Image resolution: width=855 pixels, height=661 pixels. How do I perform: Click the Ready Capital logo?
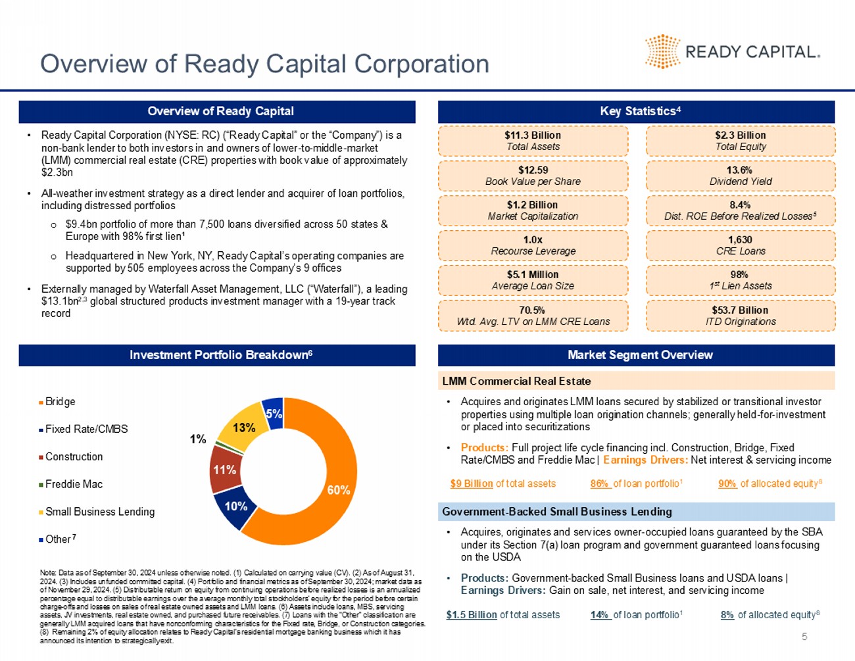coord(732,51)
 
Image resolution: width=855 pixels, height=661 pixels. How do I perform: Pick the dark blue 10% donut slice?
coord(235,507)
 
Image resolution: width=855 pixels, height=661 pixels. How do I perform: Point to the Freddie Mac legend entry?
coord(74,484)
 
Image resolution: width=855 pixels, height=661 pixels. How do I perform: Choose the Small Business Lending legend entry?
coord(99,512)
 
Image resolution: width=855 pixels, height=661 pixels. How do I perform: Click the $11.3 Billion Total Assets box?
coord(533,141)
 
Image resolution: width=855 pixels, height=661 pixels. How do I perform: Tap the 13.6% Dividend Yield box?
coord(740,176)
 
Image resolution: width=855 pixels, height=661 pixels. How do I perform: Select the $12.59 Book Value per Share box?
coord(533,176)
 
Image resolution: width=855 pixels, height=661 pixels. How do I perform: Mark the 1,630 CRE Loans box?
coord(740,245)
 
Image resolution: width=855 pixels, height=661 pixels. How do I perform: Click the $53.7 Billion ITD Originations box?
coord(740,316)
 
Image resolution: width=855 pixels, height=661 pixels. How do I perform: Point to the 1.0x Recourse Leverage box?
coord(533,245)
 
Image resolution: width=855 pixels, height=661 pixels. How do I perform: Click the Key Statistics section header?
coord(636,111)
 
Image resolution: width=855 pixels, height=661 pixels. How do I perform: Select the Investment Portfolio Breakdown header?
coord(217,355)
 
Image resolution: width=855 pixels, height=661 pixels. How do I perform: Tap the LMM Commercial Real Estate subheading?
coord(516,381)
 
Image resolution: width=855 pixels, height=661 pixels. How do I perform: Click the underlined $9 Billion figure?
coord(472,483)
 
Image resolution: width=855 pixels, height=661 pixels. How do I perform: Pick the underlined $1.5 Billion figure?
coord(471,615)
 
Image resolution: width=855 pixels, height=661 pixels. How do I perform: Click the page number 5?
coord(804,637)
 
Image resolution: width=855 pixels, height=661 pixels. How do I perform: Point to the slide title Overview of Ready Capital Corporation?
coord(264,64)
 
